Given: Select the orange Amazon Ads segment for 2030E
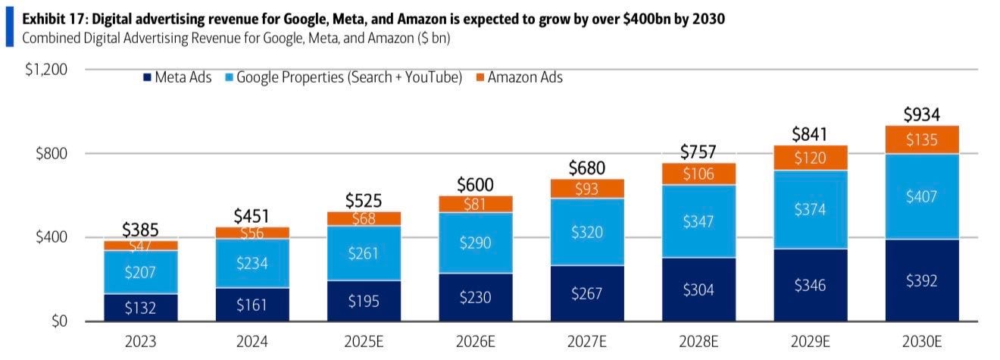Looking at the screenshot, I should click(921, 139).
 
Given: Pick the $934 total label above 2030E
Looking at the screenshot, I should click(921, 115).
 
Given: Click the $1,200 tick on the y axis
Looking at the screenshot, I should click(48, 70).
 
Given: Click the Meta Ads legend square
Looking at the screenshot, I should click(146, 77).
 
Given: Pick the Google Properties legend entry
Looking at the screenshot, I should click(349, 77).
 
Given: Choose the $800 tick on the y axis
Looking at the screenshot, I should click(52, 154).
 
